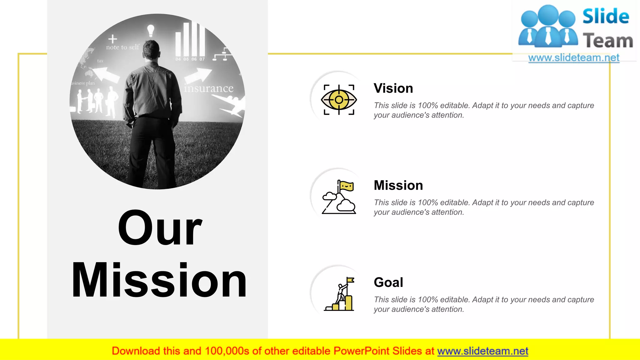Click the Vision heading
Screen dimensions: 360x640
click(393, 88)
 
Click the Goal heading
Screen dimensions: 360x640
click(388, 282)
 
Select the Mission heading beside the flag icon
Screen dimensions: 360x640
click(398, 185)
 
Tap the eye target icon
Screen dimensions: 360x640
click(339, 100)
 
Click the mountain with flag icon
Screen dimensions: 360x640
click(339, 197)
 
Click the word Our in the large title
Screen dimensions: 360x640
click(160, 228)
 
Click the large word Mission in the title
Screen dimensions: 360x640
click(159, 280)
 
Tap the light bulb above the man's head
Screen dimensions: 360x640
click(151, 31)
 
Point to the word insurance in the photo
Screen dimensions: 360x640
click(208, 88)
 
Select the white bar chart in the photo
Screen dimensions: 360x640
click(190, 40)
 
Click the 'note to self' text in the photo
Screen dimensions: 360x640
click(122, 47)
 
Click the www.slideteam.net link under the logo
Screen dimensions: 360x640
click(573, 58)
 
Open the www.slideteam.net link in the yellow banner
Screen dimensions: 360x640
click(482, 351)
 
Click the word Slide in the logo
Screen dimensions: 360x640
click(606, 16)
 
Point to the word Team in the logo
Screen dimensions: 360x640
click(607, 41)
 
